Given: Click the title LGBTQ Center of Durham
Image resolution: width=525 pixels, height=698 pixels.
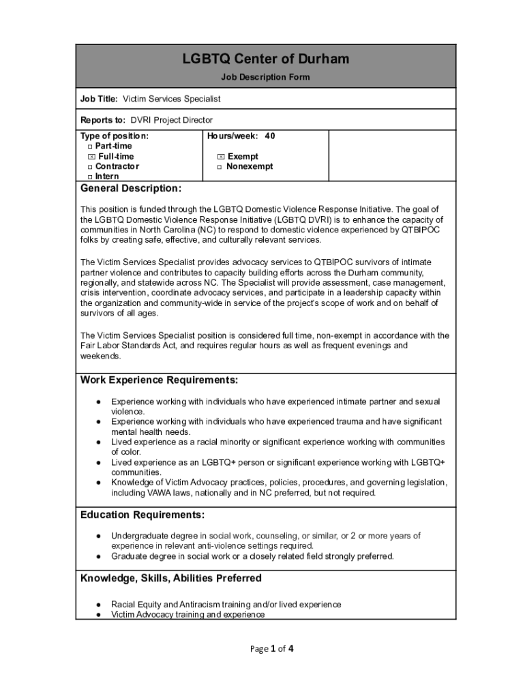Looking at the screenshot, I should click(265, 59).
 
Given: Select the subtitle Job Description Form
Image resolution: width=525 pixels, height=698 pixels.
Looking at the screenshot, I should click(265, 77).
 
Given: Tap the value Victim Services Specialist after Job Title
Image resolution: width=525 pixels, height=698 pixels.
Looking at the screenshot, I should click(172, 99).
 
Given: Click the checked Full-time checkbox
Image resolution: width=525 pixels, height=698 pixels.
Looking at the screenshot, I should click(91, 157).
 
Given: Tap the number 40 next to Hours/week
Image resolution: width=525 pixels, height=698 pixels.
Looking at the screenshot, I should click(270, 136).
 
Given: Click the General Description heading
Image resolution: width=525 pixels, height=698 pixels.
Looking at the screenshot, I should click(131, 188).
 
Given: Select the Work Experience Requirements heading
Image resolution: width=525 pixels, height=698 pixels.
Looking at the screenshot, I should click(160, 380).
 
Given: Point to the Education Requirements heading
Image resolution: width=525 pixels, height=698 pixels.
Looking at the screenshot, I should click(142, 514).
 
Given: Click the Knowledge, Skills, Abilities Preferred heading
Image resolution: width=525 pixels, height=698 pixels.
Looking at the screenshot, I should click(171, 578).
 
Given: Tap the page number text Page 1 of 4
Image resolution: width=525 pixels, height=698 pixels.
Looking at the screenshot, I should click(271, 649).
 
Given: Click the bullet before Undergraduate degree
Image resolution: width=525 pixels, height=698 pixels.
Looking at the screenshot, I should click(99, 536).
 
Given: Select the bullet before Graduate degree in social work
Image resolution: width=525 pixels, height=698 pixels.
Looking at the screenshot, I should click(99, 556).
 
